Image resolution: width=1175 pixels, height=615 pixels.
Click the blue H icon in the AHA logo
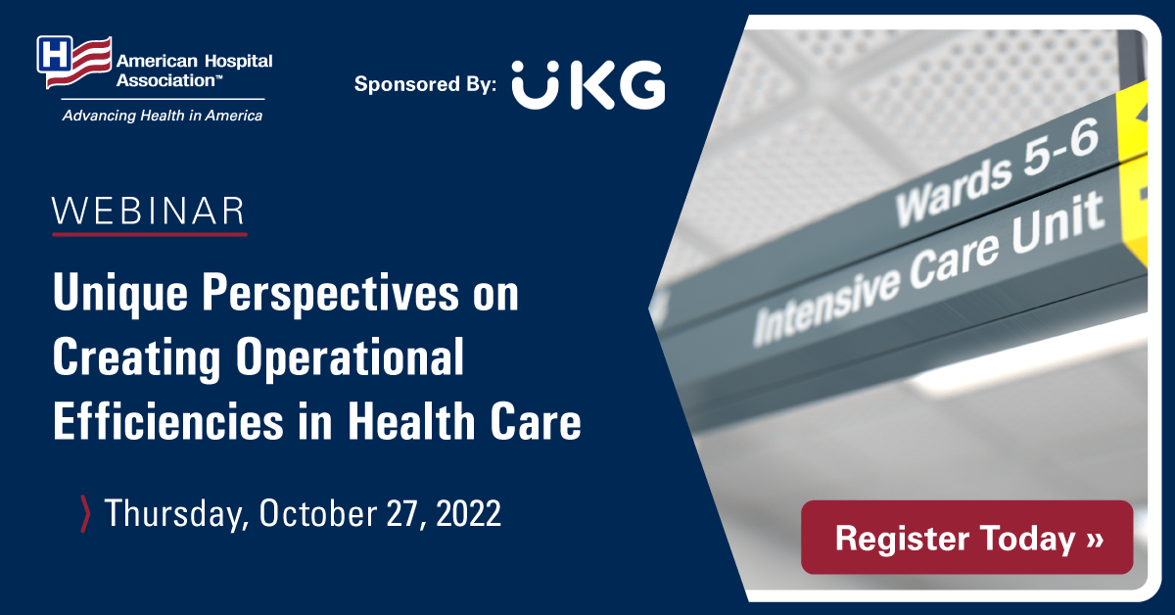click(x=55, y=54)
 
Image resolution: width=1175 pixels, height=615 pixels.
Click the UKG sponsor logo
click(x=588, y=85)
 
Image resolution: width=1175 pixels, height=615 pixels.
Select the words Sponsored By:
click(x=425, y=84)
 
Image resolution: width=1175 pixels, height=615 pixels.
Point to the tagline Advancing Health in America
click(x=163, y=116)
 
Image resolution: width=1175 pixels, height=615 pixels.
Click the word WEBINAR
click(x=149, y=211)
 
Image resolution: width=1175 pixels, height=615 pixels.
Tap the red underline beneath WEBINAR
click(x=150, y=234)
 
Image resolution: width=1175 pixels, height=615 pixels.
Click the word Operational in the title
click(x=350, y=357)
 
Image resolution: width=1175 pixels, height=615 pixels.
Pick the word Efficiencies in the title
click(x=168, y=420)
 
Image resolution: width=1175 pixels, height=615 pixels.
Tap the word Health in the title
click(x=412, y=420)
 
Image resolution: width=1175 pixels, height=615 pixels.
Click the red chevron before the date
click(x=85, y=514)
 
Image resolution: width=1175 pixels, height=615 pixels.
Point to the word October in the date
click(x=317, y=513)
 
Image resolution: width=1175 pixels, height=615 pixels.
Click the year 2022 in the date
click(x=468, y=513)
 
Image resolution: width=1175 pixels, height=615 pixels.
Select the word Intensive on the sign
click(x=826, y=306)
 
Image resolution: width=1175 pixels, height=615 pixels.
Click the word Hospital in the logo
click(x=238, y=62)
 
